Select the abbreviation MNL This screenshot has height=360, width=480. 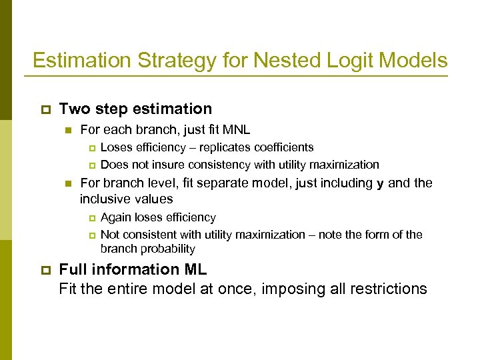point(235,129)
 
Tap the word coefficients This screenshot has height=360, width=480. point(282,147)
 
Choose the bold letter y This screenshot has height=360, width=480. point(380,183)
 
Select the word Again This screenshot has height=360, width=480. point(116,217)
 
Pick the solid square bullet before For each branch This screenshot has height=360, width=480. point(67,130)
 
